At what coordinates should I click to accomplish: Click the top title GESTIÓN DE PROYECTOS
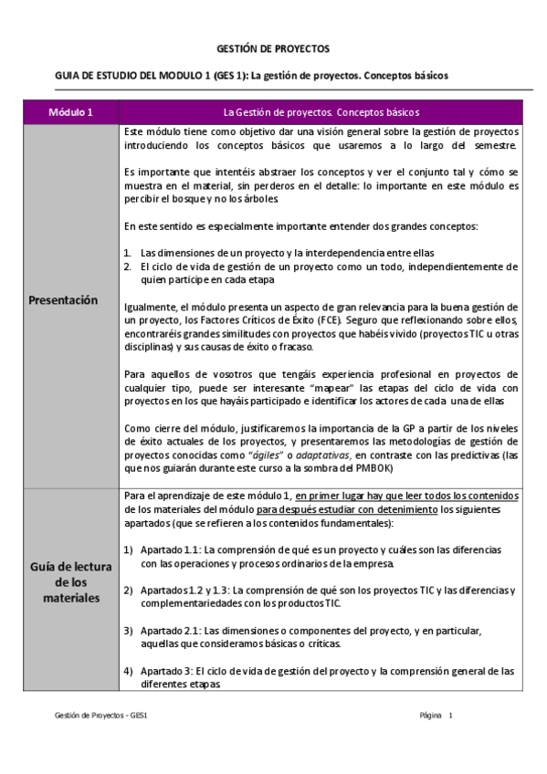click(x=272, y=47)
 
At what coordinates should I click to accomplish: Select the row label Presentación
click(x=63, y=299)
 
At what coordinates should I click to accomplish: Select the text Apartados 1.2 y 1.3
click(x=180, y=591)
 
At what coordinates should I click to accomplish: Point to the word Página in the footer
click(x=429, y=716)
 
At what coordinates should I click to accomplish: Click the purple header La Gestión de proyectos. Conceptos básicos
click(x=321, y=112)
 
